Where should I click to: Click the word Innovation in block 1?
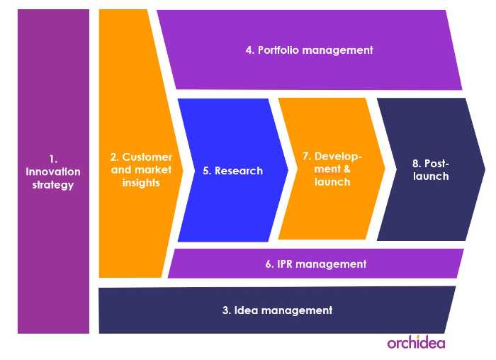point(53,171)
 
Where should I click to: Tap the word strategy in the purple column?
point(53,185)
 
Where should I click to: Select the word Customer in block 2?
point(147,157)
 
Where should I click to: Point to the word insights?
point(141,183)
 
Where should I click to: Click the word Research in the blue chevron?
point(239,171)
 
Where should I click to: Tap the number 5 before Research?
point(207,171)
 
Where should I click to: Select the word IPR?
point(284,264)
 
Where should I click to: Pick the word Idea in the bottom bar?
point(246,310)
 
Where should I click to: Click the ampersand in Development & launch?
point(347,169)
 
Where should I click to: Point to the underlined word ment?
point(327,169)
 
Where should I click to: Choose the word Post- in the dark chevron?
point(437,164)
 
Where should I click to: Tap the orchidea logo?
point(417,342)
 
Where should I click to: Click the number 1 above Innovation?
point(53,159)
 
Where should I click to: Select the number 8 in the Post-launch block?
point(417,164)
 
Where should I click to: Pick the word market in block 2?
point(153,170)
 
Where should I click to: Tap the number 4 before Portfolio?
point(250,50)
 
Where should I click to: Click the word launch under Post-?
point(431,176)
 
